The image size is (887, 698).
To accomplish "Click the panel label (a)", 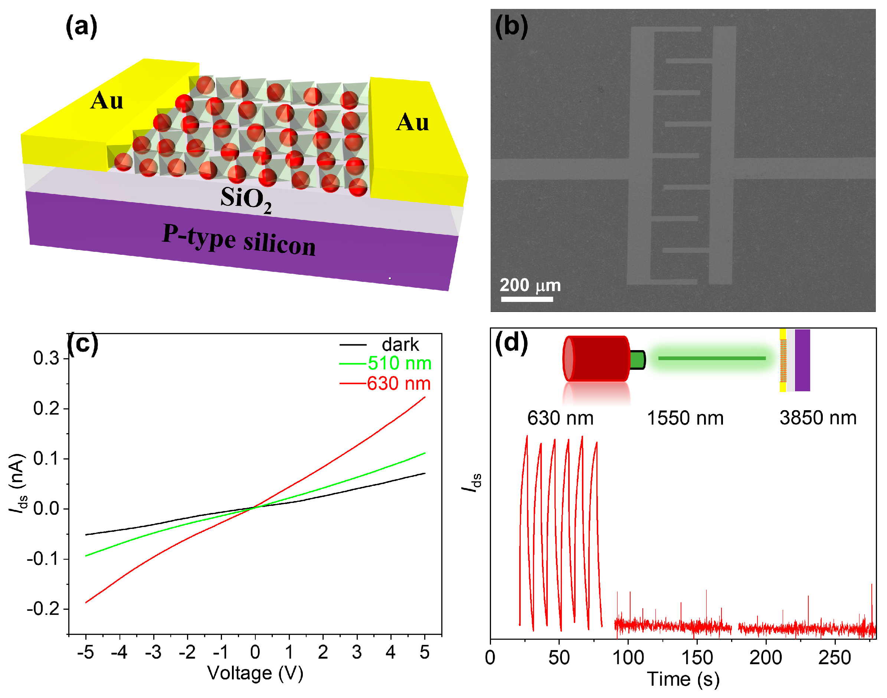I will point(81,26).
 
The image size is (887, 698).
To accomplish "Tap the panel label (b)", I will point(511,26).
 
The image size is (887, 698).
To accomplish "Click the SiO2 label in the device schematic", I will point(246,200).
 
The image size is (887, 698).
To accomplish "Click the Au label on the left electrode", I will point(106,101).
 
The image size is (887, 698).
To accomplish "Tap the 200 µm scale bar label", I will point(530,285).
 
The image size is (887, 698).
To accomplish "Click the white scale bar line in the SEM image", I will point(527,299).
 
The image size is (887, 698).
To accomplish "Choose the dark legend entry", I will point(400,345).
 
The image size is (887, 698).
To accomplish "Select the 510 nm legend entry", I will point(399,363).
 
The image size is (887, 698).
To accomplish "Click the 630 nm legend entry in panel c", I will point(398,384).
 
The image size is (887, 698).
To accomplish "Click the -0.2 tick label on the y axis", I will point(43,609).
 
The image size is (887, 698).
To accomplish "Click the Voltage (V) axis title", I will point(255,673).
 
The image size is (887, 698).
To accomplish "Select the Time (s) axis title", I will point(683,679).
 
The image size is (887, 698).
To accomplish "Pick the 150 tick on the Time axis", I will point(697,658).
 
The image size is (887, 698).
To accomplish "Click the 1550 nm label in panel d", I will point(685,418).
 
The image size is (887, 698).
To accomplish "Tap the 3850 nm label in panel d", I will point(818,418).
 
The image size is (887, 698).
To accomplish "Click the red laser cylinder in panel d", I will point(596,359).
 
